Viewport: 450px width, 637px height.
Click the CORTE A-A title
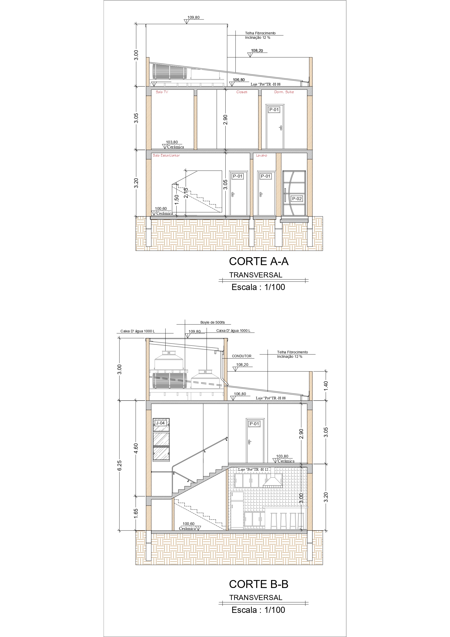pos(259,261)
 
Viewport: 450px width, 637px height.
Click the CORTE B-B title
pos(259,584)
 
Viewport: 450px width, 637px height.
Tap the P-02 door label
pos(297,199)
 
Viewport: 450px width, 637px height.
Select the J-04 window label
pos(160,423)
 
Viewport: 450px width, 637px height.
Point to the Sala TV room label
pos(162,92)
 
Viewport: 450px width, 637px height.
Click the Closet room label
pos(242,92)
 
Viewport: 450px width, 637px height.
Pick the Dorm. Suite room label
pos(284,92)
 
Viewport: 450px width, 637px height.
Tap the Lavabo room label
pos(262,155)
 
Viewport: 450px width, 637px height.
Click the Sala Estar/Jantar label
pos(166,155)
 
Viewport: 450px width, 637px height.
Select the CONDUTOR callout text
pos(242,356)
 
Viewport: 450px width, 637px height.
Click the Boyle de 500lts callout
pos(213,322)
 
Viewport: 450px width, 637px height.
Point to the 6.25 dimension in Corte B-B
pos(119,465)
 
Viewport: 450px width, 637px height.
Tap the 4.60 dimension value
pos(136,448)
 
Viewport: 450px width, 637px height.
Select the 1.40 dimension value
pos(326,386)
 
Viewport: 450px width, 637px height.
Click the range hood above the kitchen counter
pos(272,480)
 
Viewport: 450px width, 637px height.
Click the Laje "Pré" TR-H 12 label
pos(253,469)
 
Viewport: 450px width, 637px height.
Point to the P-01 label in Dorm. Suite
pos(274,110)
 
